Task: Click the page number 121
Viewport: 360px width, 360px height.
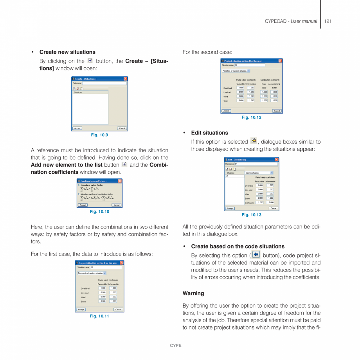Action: click(328, 21)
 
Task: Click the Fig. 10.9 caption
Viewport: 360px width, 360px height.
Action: click(99, 135)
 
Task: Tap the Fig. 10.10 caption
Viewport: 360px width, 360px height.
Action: click(99, 212)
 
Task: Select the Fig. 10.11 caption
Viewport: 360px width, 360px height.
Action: click(99, 316)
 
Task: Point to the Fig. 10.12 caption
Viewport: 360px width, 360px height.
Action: click(251, 117)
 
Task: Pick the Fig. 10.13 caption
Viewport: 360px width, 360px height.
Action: click(251, 215)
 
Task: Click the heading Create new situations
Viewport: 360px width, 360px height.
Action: click(67, 52)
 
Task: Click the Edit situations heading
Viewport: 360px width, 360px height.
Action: click(209, 133)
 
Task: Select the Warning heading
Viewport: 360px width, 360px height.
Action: click(193, 293)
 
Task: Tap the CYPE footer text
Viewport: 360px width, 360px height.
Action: click(176, 346)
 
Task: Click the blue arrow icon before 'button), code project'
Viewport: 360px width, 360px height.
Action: click(256, 255)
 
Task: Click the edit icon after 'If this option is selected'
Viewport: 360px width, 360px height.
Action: click(254, 141)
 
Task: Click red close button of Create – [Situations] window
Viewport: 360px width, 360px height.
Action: click(125, 79)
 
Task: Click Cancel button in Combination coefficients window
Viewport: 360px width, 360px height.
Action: click(116, 205)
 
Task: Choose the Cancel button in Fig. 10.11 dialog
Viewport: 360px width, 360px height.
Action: click(118, 310)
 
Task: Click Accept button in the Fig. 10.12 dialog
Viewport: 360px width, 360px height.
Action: click(226, 111)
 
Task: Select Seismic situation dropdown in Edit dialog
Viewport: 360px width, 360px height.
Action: click(259, 173)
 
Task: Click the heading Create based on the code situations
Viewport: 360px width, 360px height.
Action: click(238, 247)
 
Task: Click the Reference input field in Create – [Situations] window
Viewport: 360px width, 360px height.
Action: click(104, 83)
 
